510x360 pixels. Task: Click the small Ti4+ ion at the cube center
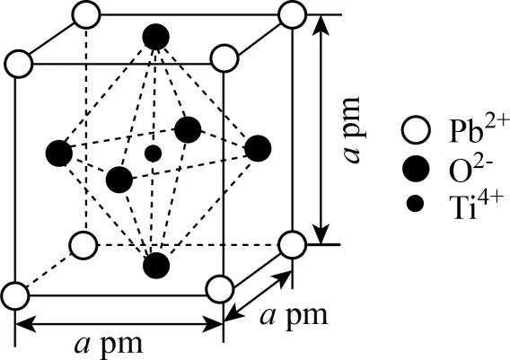point(154,154)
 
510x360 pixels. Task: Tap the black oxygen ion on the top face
point(156,37)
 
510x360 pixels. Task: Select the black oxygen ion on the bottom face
point(156,266)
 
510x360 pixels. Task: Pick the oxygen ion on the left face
point(59,154)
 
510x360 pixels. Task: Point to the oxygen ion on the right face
point(258,148)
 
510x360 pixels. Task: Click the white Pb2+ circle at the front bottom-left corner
point(15,296)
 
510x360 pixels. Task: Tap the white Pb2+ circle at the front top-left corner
point(19,64)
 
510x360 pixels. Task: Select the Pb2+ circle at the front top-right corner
point(224,59)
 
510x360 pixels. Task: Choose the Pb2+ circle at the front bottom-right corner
point(220,289)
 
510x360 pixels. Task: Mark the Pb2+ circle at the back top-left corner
point(86,15)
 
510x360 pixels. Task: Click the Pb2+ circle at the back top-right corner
point(293,14)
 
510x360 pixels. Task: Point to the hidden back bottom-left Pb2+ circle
point(84,245)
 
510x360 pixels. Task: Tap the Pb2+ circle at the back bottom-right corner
point(293,245)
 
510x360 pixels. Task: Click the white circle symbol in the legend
point(416,130)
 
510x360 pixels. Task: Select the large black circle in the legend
point(416,168)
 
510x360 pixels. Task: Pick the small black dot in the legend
point(416,204)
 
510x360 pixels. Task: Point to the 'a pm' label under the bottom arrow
point(109,344)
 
